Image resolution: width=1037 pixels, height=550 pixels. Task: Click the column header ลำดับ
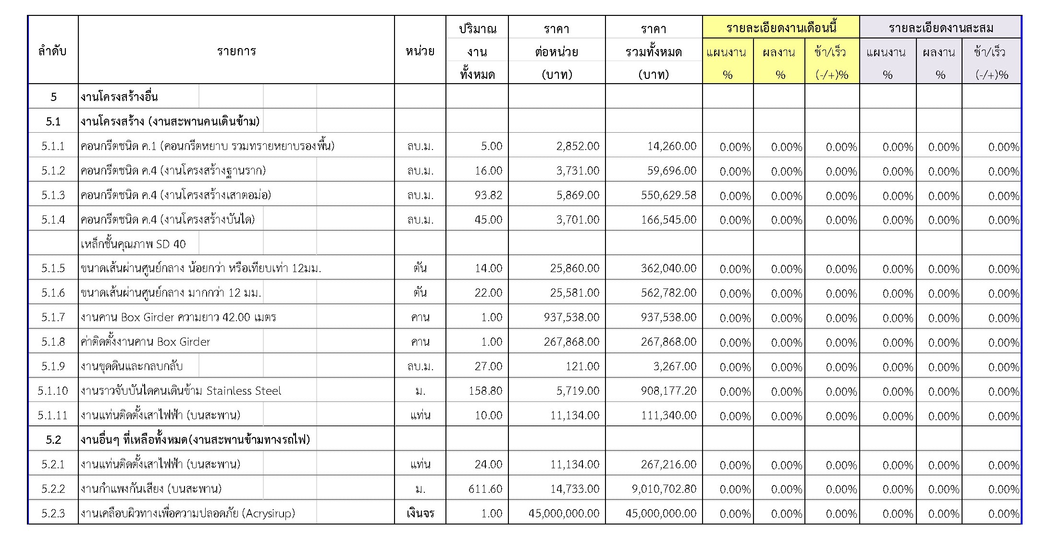(x=52, y=51)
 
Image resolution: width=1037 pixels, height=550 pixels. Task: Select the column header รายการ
(x=236, y=51)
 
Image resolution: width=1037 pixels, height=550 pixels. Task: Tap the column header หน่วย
(x=420, y=51)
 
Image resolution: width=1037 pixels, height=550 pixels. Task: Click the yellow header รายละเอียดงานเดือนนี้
(x=781, y=28)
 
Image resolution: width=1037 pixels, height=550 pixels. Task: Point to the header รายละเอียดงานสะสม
(x=940, y=28)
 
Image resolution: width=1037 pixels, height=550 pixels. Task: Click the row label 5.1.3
(x=53, y=195)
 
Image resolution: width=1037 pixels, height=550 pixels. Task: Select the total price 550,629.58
(x=668, y=195)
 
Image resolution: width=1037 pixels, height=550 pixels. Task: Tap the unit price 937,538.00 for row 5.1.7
(x=571, y=317)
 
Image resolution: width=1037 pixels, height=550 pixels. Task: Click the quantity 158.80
(x=485, y=391)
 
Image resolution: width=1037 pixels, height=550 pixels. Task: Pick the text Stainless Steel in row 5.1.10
(x=244, y=391)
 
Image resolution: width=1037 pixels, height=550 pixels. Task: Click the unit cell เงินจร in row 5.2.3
(x=420, y=513)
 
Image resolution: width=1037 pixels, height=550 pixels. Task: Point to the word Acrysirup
(x=269, y=513)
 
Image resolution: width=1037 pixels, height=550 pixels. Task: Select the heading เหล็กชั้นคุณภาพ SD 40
(x=133, y=244)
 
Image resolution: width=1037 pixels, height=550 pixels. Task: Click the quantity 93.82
(x=488, y=195)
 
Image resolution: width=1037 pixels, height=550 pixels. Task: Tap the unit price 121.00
(x=582, y=366)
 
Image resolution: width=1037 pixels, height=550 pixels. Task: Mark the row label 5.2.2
(x=53, y=489)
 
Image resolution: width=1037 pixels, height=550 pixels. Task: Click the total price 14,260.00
(x=671, y=146)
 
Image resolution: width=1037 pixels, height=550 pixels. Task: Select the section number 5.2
(x=53, y=440)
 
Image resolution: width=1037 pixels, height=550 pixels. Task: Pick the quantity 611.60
(x=485, y=489)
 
